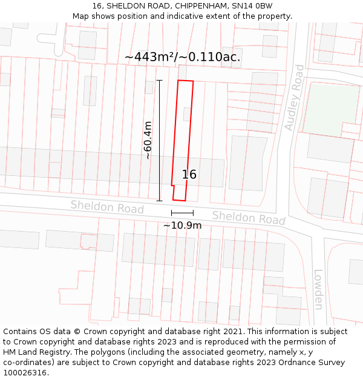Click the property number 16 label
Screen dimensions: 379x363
pos(189,175)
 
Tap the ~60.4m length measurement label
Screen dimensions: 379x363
pos(148,140)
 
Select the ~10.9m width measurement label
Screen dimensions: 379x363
pos(182,226)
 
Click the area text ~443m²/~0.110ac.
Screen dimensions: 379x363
pos(182,57)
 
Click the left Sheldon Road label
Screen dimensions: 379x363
pos(107,207)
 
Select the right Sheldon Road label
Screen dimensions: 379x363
pos(248,217)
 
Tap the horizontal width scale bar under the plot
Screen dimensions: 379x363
pos(182,213)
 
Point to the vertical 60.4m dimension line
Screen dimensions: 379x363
pos(160,140)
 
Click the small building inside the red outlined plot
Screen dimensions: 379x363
pos(187,114)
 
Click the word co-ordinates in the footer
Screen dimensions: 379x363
pos(27,362)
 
